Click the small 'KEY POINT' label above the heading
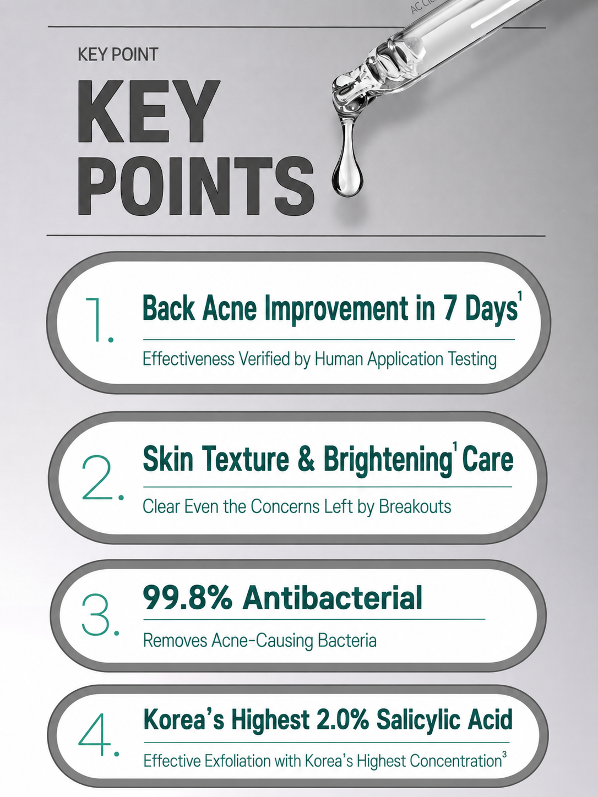pyautogui.click(x=118, y=54)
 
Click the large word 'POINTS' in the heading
pyautogui.click(x=195, y=186)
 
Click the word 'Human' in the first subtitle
pyautogui.click(x=339, y=359)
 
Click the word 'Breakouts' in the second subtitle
pyautogui.click(x=415, y=506)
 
